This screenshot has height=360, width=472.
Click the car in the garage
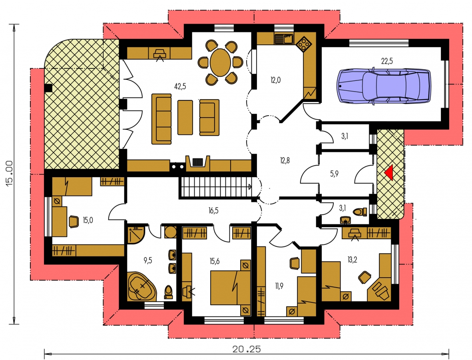tap(384, 86)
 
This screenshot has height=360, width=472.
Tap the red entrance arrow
tap(388, 173)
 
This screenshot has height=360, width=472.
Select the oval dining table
tap(220, 63)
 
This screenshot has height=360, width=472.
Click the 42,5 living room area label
tap(180, 86)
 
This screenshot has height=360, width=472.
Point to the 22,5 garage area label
tap(387, 61)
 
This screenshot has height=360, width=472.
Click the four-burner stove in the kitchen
tap(304, 43)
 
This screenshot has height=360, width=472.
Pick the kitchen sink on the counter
tap(284, 39)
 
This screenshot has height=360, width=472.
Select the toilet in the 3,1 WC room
tap(360, 212)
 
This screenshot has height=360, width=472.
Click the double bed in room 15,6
tap(230, 288)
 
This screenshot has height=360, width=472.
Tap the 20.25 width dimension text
tap(247, 349)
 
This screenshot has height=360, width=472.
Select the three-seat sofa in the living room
tap(161, 119)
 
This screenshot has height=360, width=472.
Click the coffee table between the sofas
tap(185, 118)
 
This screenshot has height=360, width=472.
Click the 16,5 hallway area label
tap(213, 210)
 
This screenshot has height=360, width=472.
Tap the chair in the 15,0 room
tap(74, 222)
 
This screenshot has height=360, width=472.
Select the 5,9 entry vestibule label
tap(334, 174)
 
